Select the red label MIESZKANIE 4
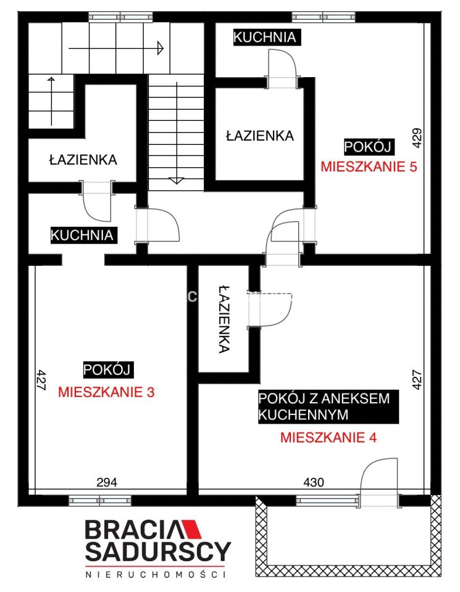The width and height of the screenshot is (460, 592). point(328,438)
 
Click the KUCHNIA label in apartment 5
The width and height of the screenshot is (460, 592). point(265,37)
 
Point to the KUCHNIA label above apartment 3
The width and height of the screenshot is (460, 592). point(82,235)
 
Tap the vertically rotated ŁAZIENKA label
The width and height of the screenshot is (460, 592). point(224,319)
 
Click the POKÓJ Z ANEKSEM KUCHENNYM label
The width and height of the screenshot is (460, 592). point(324,406)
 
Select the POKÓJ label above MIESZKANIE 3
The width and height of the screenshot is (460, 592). point(106,369)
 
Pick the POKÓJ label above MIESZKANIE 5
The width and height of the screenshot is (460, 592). point(369,147)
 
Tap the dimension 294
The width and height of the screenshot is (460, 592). point(106,482)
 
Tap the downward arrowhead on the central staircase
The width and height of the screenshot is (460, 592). point(177,181)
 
